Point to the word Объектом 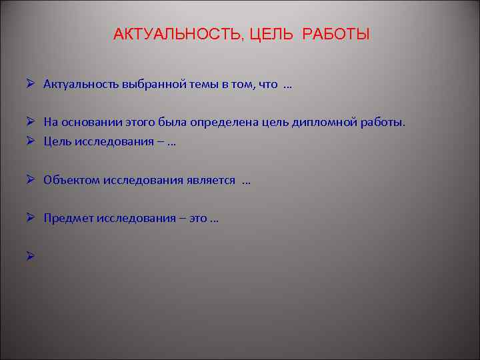(x=72, y=180)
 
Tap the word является (x=213, y=180)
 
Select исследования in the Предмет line (x=139, y=218)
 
